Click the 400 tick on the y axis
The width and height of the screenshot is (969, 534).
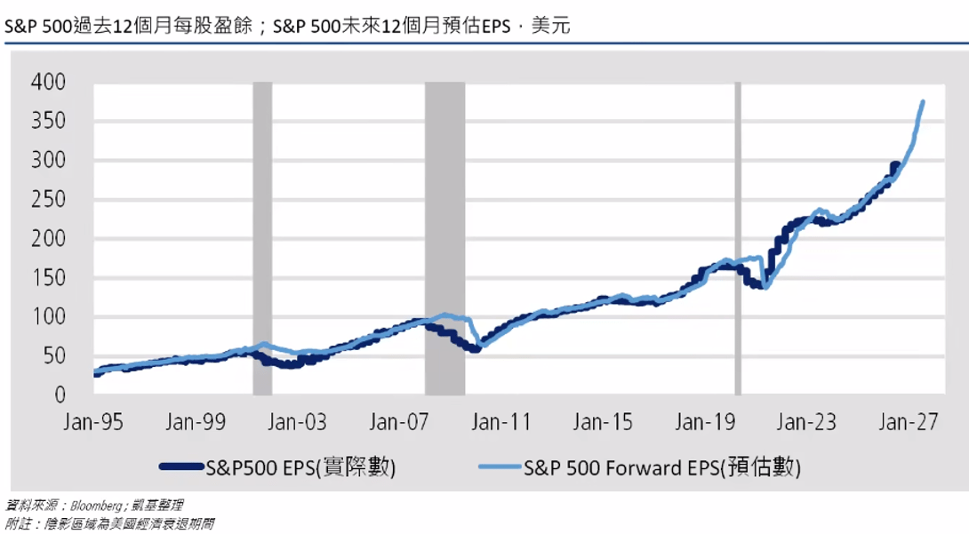[48, 82]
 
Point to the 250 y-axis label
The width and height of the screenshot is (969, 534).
[48, 199]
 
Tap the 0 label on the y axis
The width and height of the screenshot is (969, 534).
[60, 395]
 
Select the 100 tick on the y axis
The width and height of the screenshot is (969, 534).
[48, 316]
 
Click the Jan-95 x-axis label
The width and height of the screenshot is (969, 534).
[93, 422]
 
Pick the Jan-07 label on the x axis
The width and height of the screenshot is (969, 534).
[398, 422]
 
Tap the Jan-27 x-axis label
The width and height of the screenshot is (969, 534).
[909, 422]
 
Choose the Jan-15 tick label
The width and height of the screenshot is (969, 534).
[603, 422]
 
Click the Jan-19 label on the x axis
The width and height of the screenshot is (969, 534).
[705, 422]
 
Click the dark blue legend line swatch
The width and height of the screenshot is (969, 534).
[181, 466]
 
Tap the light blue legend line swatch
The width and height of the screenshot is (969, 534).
[500, 466]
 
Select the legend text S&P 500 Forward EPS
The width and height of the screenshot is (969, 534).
[621, 468]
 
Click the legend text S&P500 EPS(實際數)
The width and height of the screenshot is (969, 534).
[300, 468]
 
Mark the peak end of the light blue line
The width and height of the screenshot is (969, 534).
[923, 102]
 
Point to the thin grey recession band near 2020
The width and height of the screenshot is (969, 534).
[738, 238]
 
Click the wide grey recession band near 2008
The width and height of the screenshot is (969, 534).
[445, 238]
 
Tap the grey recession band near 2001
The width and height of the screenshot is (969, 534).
[262, 238]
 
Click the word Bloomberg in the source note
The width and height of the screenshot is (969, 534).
[96, 506]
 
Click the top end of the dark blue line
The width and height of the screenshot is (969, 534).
[895, 165]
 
